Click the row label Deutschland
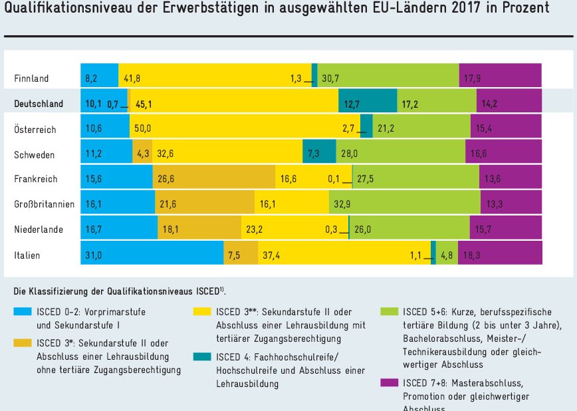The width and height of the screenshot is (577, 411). click(x=39, y=104)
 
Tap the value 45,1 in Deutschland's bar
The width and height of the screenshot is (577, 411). click(x=144, y=104)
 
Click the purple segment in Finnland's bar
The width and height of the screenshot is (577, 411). click(x=500, y=78)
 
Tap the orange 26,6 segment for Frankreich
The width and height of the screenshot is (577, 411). click(x=215, y=179)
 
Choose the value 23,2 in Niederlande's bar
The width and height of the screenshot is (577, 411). click(x=256, y=229)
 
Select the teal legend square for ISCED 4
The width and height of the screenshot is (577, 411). click(x=202, y=358)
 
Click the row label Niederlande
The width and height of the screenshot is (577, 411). click(x=39, y=229)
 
